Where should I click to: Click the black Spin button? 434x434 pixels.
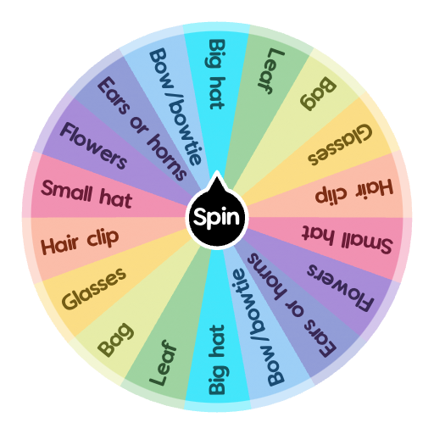tap(217, 218)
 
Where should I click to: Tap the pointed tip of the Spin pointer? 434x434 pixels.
tap(217, 175)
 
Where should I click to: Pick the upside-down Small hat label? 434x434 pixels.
tap(348, 241)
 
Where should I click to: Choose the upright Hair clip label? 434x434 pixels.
tap(81, 241)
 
